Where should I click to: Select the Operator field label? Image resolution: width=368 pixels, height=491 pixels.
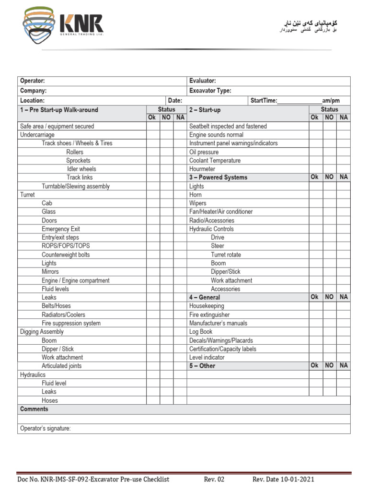coord(33,81)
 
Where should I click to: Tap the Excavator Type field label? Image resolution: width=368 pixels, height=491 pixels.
coord(210,91)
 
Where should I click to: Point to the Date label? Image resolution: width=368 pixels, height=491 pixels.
coord(175,101)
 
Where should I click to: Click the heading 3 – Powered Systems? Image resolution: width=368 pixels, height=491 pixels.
coord(218,177)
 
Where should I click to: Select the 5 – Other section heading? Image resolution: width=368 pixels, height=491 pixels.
coord(202,366)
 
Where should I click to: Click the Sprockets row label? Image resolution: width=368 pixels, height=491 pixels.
coord(78,161)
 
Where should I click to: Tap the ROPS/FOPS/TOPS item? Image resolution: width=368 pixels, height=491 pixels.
coord(66,246)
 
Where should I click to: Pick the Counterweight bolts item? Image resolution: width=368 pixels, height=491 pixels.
coord(66,255)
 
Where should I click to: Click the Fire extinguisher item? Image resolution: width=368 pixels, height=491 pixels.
coord(209,315)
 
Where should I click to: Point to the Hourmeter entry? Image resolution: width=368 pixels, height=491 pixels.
coord(202,169)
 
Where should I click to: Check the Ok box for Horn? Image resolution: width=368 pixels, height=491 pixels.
coord(315,195)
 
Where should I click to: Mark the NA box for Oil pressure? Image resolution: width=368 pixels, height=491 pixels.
coord(344,152)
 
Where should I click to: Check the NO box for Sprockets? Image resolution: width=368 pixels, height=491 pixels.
coord(166,161)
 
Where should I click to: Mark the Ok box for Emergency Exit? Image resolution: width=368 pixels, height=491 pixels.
coord(153,229)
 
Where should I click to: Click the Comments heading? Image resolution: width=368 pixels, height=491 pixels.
coord(34,409)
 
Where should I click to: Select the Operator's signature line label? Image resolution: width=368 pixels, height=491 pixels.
coord(46,429)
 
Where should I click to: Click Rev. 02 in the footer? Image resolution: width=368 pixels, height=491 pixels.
coord(214,479)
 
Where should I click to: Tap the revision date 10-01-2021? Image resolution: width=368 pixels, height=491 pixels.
coord(298,479)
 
